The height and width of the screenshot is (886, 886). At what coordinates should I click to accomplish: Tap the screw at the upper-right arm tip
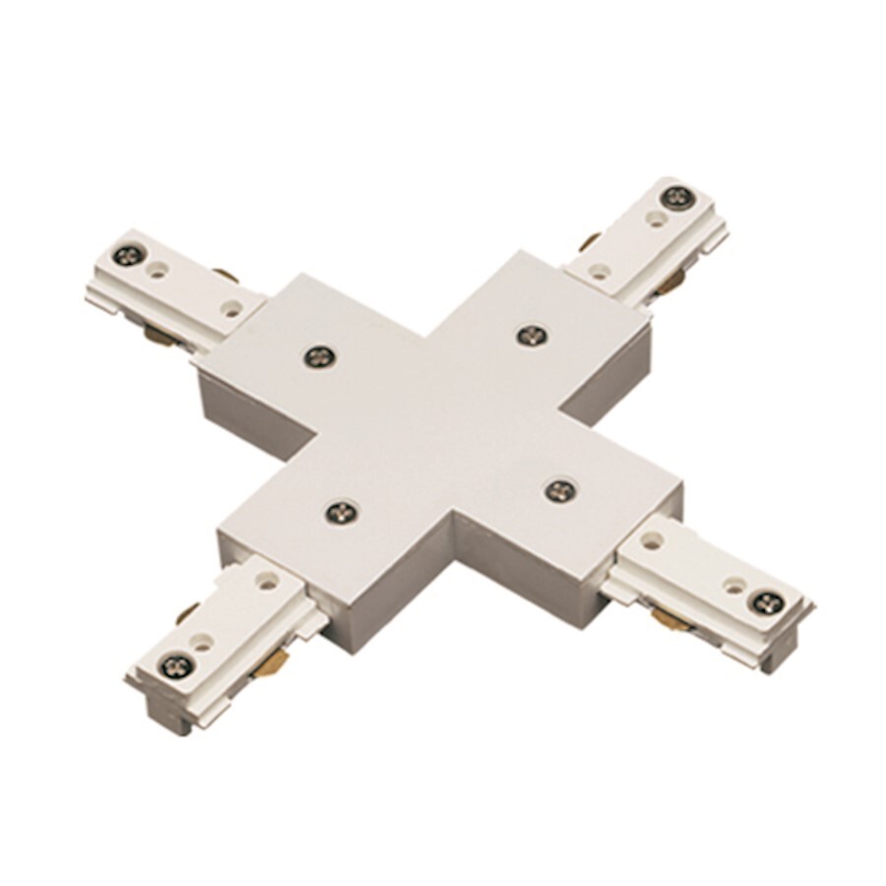tap(675, 197)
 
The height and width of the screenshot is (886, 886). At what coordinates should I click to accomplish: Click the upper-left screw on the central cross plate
tap(317, 356)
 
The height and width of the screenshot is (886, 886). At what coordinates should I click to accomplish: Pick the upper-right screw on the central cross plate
tap(532, 336)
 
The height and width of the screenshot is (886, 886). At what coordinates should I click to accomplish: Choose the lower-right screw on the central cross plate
tap(559, 489)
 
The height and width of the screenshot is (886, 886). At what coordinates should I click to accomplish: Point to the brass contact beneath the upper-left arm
tap(156, 335)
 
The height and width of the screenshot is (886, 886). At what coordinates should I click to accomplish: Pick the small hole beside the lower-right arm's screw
tap(734, 585)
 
